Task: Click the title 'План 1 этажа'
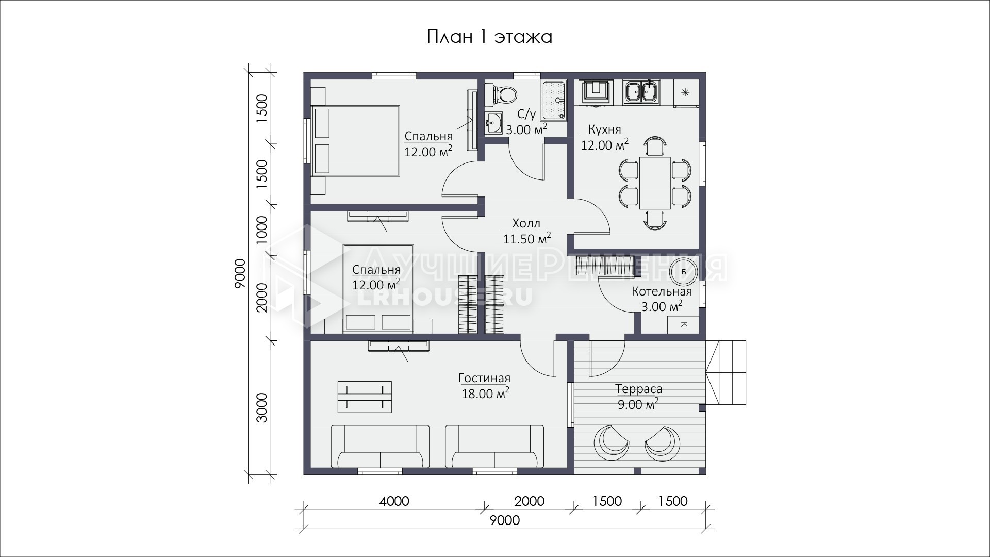[x=489, y=37]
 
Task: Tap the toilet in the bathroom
[x=502, y=94]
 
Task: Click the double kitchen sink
[x=641, y=93]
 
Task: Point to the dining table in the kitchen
[x=655, y=183]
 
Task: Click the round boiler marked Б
[x=683, y=271]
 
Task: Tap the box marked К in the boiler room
[x=684, y=325]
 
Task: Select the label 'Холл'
[x=526, y=223]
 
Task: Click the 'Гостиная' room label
[x=485, y=379]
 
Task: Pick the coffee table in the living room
[x=365, y=397]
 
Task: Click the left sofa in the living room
[x=380, y=446]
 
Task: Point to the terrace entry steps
[x=727, y=372]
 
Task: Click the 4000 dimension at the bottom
[x=394, y=501]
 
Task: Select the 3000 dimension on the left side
[x=262, y=407]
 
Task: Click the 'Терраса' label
[x=638, y=389]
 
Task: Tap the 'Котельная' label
[x=662, y=291]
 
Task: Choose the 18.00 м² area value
[x=485, y=394]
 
